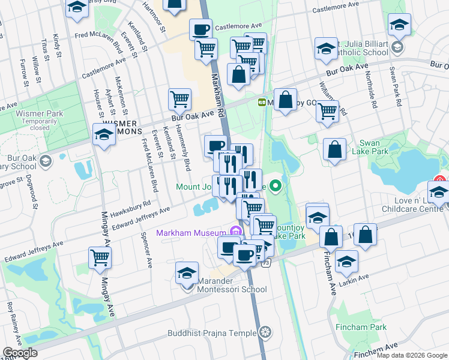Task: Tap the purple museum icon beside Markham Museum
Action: pos(235,232)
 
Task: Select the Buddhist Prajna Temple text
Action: pos(219,331)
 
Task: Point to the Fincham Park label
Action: pos(370,328)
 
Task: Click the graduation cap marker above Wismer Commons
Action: pos(104,134)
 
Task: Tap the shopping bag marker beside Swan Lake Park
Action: pos(335,150)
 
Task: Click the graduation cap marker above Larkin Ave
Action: pos(346,261)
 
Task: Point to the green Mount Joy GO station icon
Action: pos(262,102)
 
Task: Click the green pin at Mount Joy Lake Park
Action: pos(276,185)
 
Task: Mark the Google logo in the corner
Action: pos(20,353)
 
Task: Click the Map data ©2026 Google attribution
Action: pos(412,355)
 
